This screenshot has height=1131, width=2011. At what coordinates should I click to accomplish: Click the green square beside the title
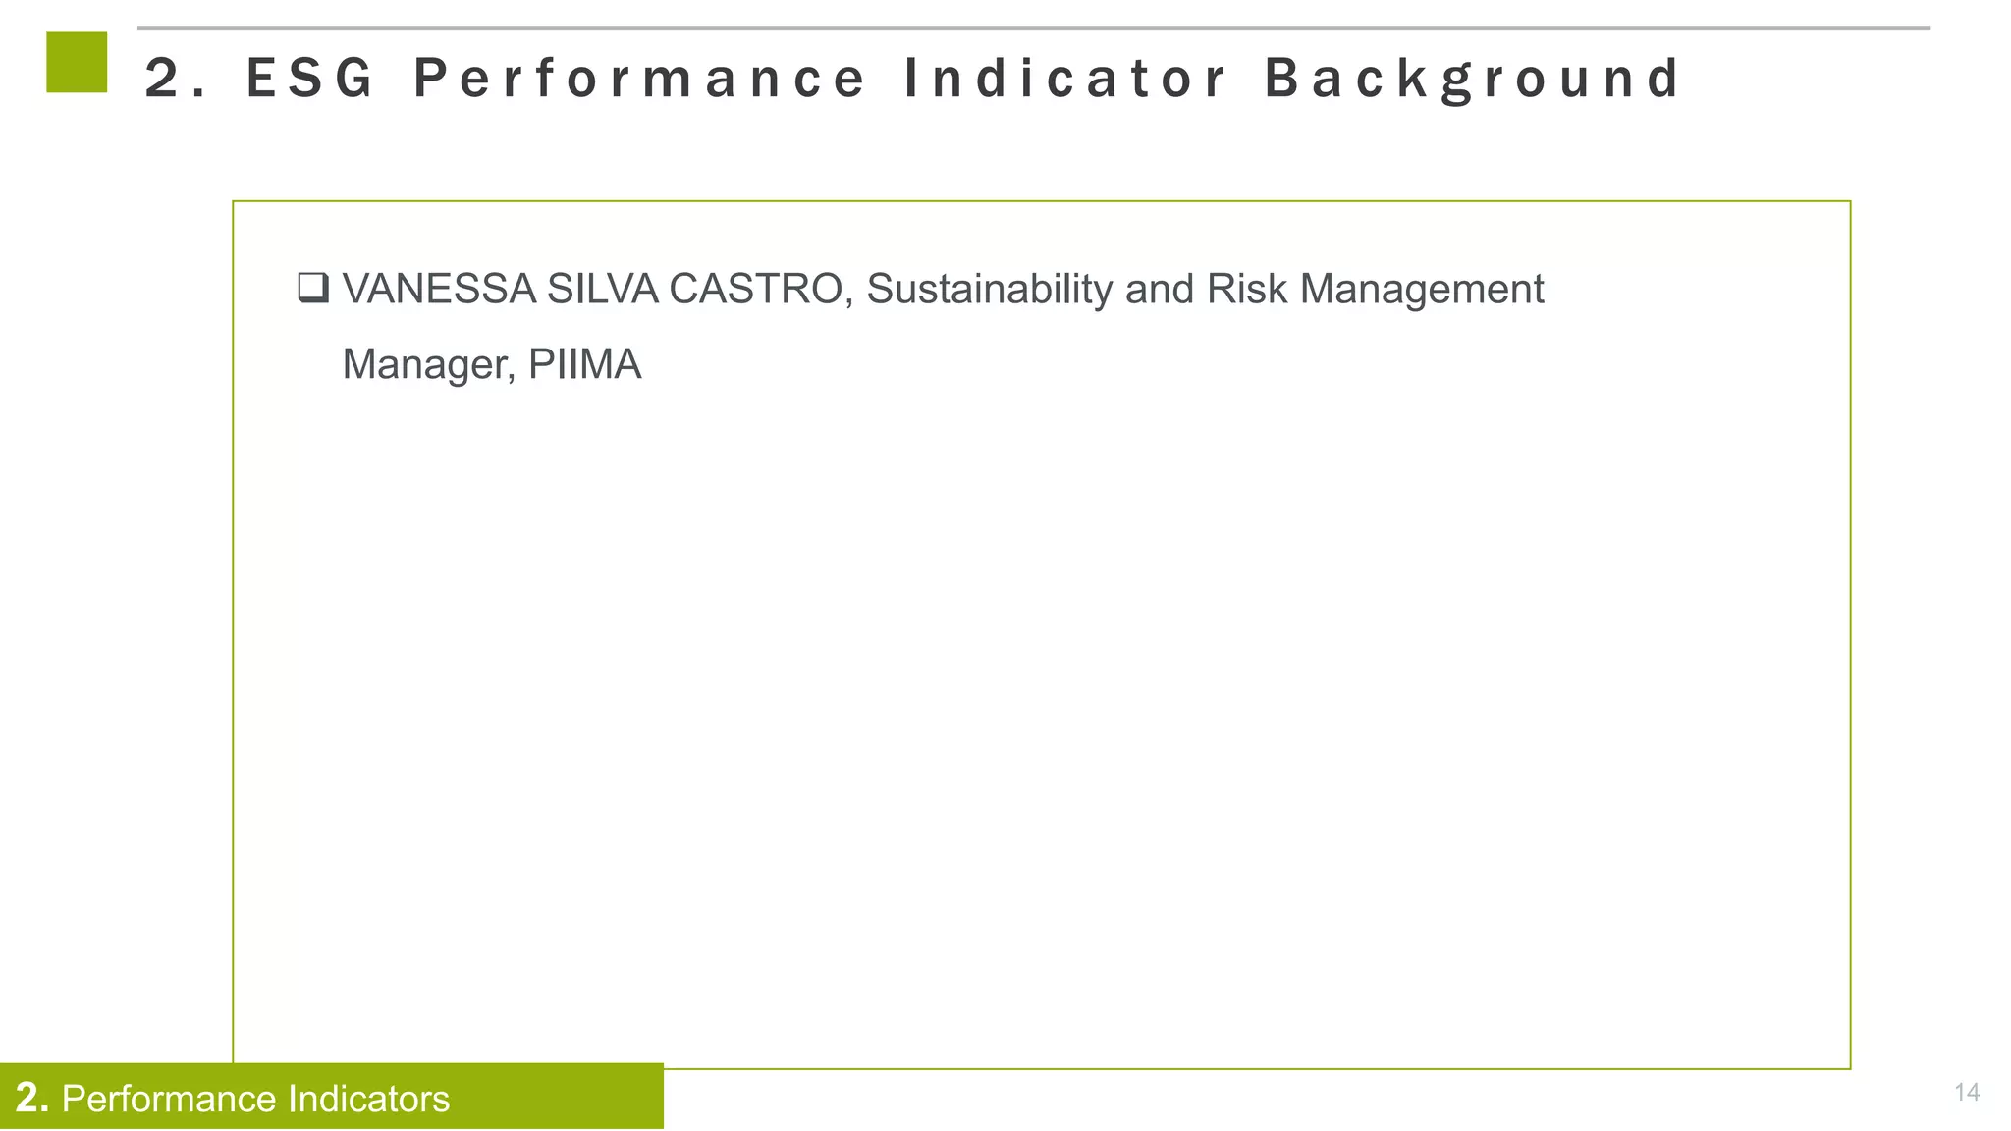[77, 62]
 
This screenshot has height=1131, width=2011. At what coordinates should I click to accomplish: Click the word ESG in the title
[309, 79]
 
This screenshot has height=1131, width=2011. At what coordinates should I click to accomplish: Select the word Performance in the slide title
[639, 79]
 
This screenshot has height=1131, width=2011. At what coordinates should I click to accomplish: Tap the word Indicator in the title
[1064, 79]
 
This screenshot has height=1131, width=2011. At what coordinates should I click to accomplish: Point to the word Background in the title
[1473, 79]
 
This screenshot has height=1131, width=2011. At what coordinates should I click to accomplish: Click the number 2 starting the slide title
[162, 79]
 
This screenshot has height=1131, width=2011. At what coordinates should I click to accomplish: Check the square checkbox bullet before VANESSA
[312, 289]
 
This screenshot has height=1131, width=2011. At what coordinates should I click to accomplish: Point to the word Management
[1422, 289]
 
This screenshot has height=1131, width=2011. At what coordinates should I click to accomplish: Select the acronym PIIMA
[584, 365]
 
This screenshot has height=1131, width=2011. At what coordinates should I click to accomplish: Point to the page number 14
[1967, 1092]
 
